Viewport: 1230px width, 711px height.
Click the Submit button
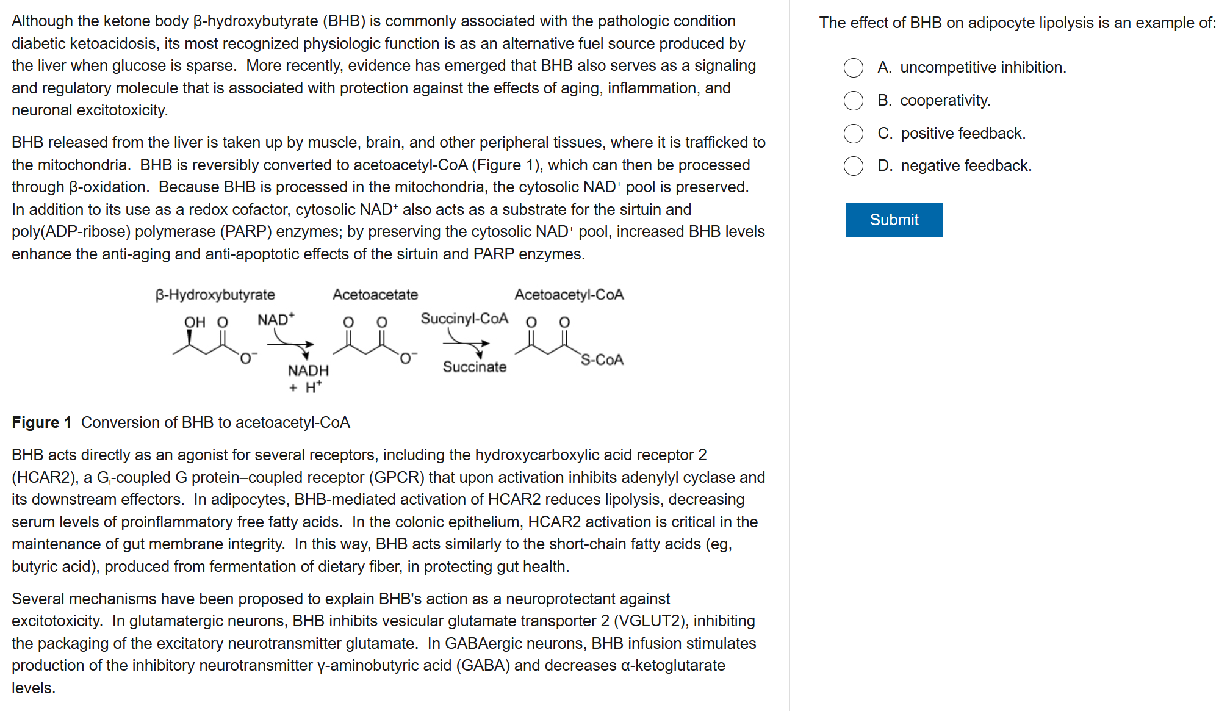[x=894, y=220]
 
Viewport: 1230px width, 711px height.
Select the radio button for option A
[x=854, y=68]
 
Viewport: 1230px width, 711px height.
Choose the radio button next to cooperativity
[x=854, y=101]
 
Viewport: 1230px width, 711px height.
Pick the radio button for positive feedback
[x=854, y=134]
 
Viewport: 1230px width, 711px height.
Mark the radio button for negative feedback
[x=854, y=166]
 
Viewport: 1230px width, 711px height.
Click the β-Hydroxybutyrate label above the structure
[x=215, y=295]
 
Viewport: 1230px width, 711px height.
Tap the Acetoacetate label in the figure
[x=375, y=295]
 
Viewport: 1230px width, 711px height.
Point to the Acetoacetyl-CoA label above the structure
[x=569, y=295]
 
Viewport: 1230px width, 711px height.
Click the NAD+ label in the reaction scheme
[x=275, y=320]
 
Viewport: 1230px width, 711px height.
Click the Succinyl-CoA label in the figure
[x=464, y=319]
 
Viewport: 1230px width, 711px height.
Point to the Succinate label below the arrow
[x=475, y=367]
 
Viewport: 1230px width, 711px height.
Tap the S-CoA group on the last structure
[x=602, y=359]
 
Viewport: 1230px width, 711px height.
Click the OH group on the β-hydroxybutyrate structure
[x=195, y=322]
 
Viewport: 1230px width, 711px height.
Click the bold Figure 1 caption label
[x=41, y=422]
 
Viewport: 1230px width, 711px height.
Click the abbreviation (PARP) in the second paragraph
[x=246, y=231]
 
